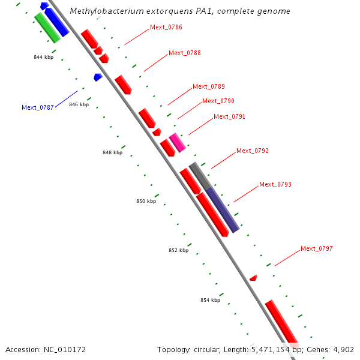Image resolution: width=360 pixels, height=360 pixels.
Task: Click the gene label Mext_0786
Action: (x=166, y=28)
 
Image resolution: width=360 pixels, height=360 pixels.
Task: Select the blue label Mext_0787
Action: (x=38, y=108)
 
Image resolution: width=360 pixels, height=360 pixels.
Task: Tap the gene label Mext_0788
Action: (x=184, y=53)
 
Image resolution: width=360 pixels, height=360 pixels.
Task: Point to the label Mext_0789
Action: (x=208, y=86)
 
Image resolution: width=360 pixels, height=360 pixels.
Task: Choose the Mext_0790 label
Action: (x=218, y=101)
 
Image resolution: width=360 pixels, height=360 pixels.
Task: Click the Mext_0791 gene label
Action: (x=229, y=116)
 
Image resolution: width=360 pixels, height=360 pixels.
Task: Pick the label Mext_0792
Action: (x=252, y=151)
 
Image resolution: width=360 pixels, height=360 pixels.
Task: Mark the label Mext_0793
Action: (x=275, y=184)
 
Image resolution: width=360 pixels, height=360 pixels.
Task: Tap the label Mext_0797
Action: (x=316, y=248)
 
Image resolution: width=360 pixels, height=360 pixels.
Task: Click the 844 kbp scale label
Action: (x=43, y=58)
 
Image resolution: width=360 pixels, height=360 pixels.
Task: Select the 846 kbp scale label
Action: (x=79, y=104)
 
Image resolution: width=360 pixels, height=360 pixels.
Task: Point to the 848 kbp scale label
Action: (x=112, y=152)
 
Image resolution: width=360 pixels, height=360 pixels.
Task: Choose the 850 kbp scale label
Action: (x=146, y=201)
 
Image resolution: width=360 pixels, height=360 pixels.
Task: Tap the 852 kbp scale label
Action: (x=178, y=250)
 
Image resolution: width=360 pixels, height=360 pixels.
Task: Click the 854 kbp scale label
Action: (x=210, y=299)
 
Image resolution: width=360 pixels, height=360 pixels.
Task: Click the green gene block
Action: (x=47, y=28)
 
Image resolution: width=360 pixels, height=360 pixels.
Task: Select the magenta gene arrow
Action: (x=177, y=143)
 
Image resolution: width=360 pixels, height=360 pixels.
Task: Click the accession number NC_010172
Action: (x=45, y=349)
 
